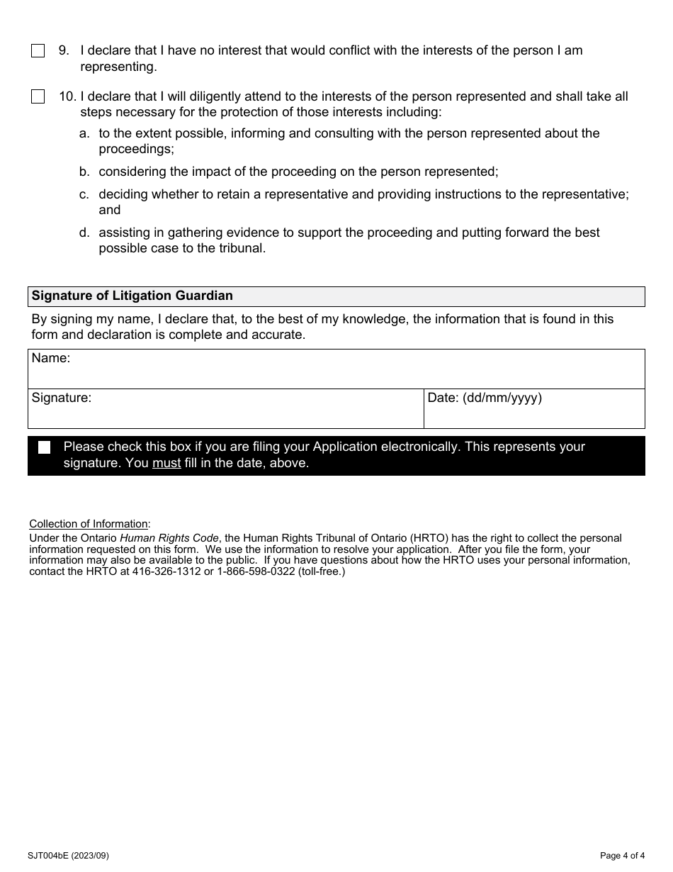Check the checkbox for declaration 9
coord(38,51)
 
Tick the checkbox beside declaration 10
coord(38,97)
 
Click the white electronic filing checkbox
coord(45,447)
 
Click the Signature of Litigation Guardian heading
coord(132,296)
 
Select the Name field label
coord(51,359)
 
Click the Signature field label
coord(62,398)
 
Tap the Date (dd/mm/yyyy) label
coord(485,398)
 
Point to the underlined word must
coord(166,464)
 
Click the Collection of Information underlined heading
coord(89,524)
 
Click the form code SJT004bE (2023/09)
coord(69,856)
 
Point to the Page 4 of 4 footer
coord(622,856)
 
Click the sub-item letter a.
coord(84,133)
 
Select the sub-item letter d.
coord(84,233)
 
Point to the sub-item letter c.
coord(84,194)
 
